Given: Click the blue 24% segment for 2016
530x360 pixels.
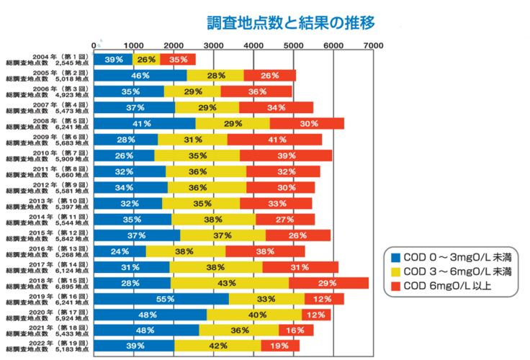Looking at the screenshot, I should click(x=120, y=251).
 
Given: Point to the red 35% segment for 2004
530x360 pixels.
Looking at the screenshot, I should click(x=178, y=59).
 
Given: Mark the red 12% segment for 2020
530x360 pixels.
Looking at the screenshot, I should click(x=317, y=314).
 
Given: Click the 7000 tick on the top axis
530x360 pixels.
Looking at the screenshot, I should click(x=373, y=45).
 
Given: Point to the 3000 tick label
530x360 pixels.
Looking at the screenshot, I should click(x=212, y=45).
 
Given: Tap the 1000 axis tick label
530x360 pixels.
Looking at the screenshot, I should click(x=133, y=45).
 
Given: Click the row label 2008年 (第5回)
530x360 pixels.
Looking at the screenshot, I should click(x=48, y=123).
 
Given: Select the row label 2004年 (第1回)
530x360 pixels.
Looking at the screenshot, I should click(x=48, y=59).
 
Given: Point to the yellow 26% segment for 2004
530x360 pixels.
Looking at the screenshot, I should click(x=146, y=59).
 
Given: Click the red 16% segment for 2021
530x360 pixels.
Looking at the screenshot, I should click(x=296, y=330).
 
